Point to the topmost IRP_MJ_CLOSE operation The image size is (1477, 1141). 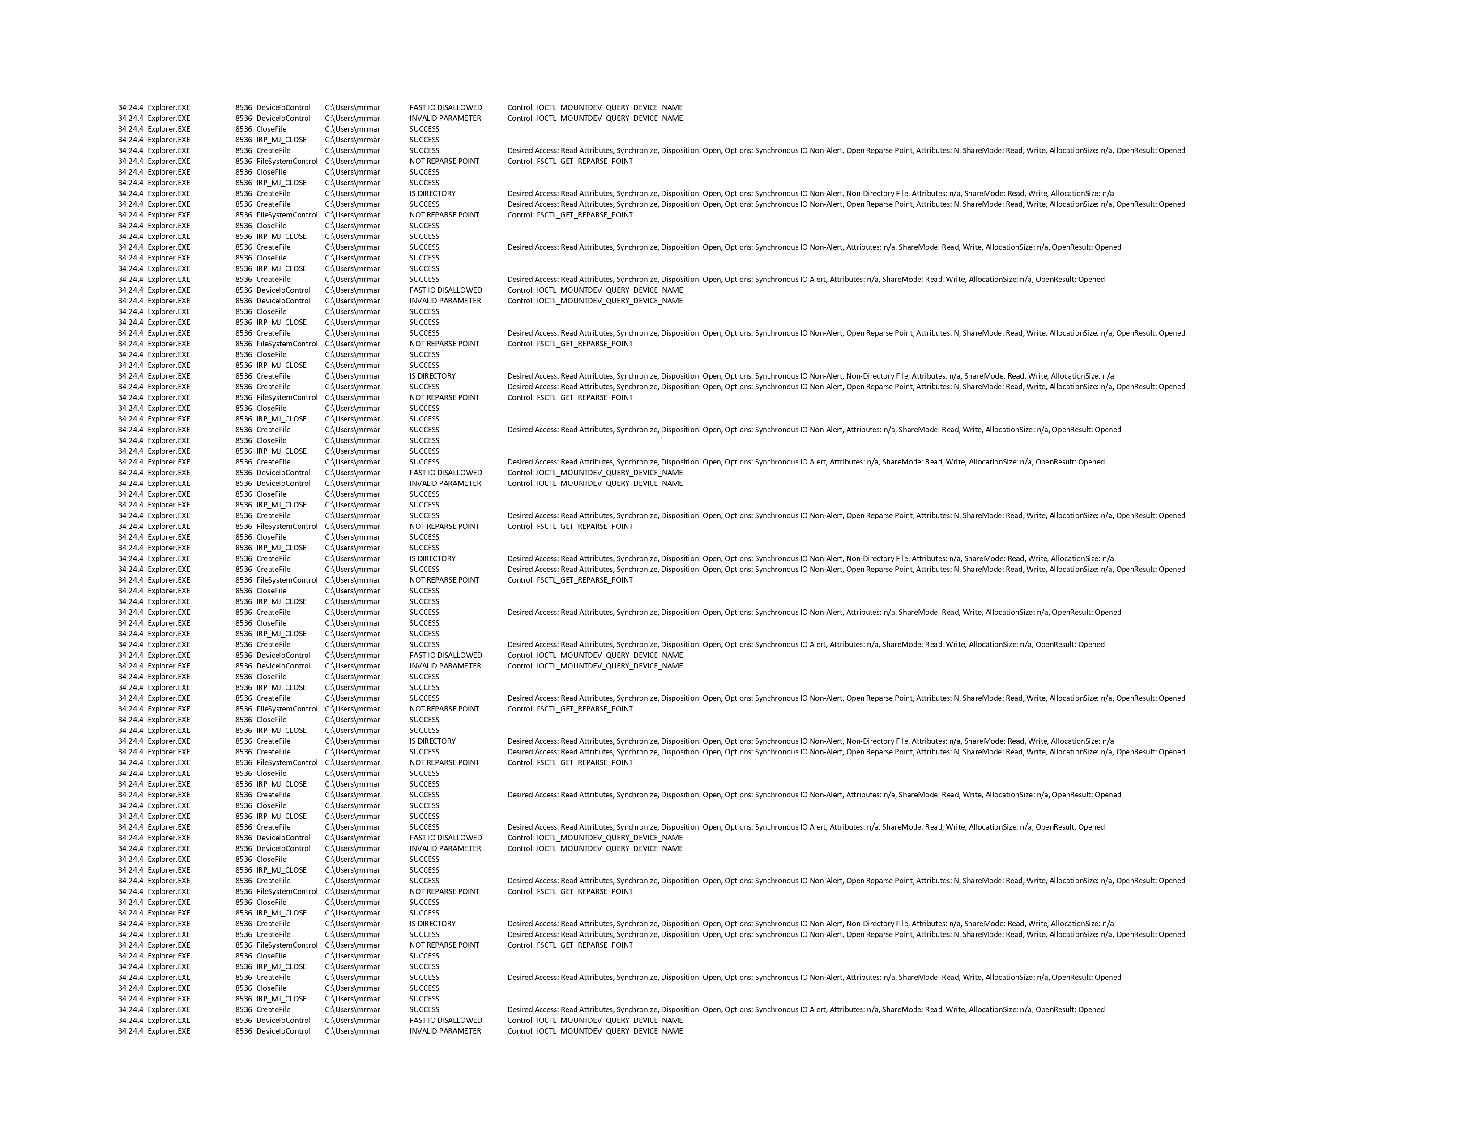(282, 140)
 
